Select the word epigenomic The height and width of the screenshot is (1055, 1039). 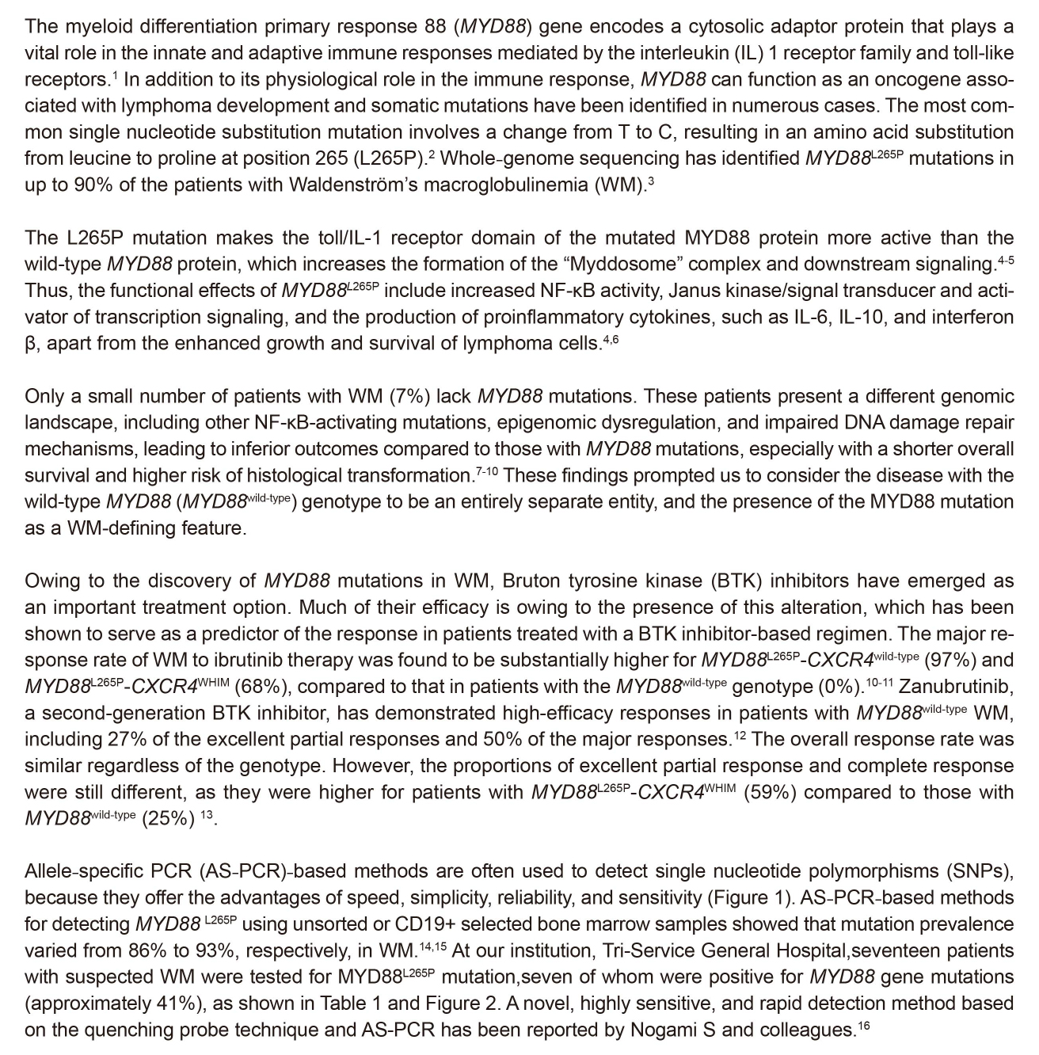click(x=611, y=422)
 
